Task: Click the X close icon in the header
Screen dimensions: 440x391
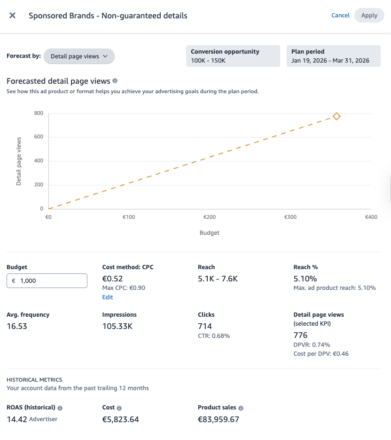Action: (13, 16)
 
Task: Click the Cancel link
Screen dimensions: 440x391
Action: (340, 16)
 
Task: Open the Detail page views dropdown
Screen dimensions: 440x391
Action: (79, 56)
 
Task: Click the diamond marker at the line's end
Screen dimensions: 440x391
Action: (336, 116)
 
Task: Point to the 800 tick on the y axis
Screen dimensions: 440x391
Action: (39, 113)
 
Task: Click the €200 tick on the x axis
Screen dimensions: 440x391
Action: (209, 217)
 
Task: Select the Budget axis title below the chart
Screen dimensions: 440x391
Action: (209, 232)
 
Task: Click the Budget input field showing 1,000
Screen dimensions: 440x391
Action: (47, 280)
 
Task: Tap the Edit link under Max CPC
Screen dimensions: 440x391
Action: (108, 297)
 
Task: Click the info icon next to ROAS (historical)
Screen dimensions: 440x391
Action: (60, 408)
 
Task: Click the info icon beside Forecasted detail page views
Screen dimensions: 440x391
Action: (115, 81)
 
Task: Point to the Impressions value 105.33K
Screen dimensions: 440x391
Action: (117, 326)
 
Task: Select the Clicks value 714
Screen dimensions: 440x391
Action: (205, 326)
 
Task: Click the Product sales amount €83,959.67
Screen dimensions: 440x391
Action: (219, 419)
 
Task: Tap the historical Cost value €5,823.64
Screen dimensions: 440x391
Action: (120, 419)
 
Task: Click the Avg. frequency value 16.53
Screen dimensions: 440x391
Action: (17, 326)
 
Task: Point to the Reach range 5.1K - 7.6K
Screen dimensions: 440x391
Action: (218, 279)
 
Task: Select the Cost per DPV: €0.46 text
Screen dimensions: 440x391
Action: (321, 353)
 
